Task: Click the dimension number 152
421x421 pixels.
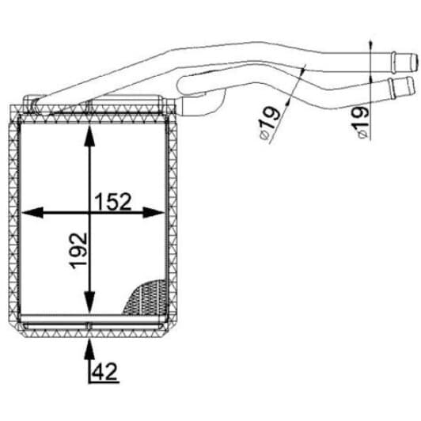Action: tap(113, 201)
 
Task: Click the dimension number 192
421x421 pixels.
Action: tap(78, 251)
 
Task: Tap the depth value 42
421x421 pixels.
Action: tap(104, 371)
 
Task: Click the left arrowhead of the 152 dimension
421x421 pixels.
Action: tap(32, 213)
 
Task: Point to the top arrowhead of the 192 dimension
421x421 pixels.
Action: tap(89, 136)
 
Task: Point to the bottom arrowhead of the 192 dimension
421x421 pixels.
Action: tap(89, 303)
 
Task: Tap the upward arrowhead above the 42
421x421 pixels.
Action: tap(89, 349)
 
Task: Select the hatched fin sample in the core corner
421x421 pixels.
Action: tap(146, 298)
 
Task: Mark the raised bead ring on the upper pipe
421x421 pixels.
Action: tap(393, 63)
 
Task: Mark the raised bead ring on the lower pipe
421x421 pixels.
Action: tap(391, 89)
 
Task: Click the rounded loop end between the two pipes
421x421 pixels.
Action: tap(180, 85)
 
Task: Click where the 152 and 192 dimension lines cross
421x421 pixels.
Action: tap(89, 213)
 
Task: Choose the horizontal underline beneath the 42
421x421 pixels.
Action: tap(104, 381)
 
